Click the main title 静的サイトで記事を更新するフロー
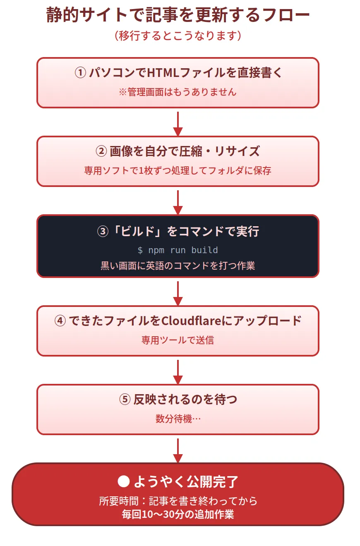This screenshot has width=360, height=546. [178, 16]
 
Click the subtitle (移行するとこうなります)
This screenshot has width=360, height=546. [178, 36]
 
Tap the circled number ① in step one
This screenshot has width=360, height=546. [80, 73]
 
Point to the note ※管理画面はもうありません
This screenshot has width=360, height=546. [178, 92]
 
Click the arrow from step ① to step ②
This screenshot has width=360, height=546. [178, 123]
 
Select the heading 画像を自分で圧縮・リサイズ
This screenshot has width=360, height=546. [185, 151]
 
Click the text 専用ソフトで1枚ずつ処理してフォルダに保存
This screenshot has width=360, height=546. [178, 170]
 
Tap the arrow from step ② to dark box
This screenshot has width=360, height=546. [178, 202]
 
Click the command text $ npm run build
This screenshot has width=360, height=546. [178, 250]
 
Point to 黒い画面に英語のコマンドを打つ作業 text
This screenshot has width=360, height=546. [178, 266]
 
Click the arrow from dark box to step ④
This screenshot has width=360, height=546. [178, 293]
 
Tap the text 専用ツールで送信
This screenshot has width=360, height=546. [178, 340]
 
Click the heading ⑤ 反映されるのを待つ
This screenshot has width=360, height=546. [178, 400]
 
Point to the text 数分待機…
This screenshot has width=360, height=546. [178, 419]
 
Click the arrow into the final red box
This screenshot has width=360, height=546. [178, 450]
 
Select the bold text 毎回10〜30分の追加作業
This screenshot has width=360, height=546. [178, 515]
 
